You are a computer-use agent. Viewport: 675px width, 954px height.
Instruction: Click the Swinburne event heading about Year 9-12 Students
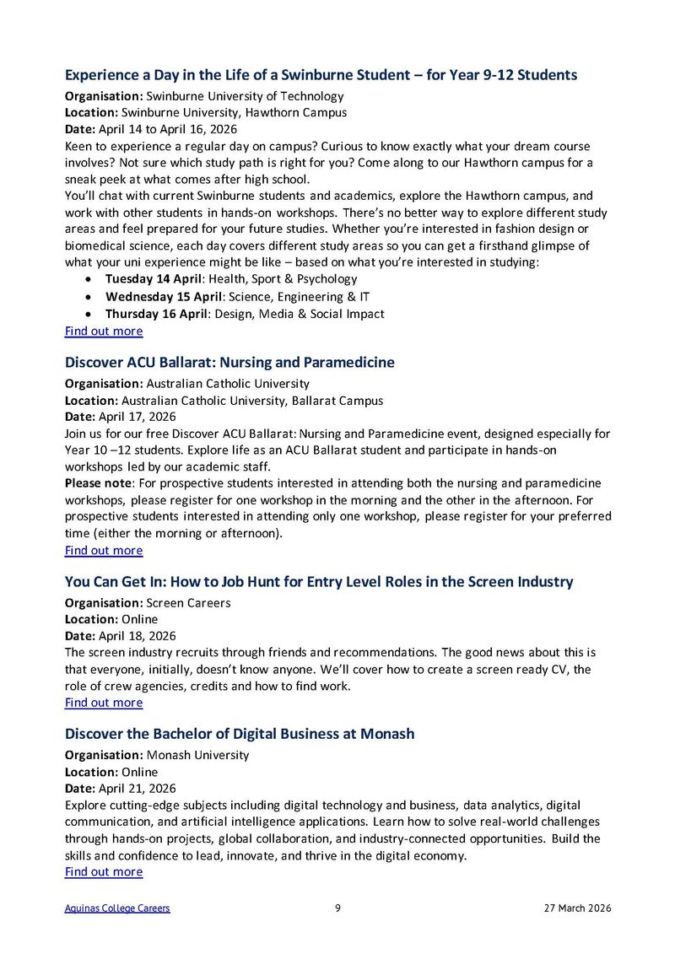(321, 75)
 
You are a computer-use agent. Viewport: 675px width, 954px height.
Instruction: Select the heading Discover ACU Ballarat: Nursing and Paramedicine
(229, 362)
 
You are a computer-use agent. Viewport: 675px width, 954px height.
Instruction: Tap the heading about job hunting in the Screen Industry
(319, 581)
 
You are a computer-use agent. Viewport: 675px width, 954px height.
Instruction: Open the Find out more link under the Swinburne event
(104, 331)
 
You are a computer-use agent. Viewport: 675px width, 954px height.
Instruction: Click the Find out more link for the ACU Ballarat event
(104, 550)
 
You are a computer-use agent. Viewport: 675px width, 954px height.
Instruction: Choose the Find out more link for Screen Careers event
(104, 702)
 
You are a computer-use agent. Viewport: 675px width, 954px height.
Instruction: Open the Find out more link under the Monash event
(104, 871)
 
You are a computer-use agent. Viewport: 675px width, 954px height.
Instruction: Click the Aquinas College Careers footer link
(117, 908)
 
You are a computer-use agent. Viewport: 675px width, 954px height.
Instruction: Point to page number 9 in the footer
(337, 908)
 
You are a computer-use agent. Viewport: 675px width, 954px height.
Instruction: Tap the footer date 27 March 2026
(577, 908)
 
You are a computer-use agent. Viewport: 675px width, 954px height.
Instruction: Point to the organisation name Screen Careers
(188, 603)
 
